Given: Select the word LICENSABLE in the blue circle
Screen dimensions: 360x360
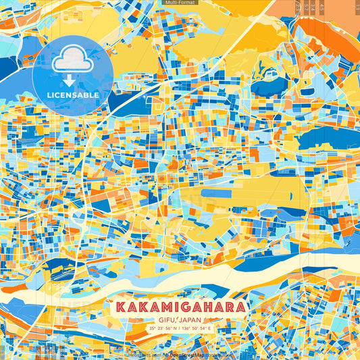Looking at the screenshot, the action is click(73, 95).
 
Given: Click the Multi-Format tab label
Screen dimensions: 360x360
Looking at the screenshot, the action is click(179, 3).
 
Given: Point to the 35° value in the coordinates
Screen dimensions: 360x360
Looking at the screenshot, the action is click(153, 328).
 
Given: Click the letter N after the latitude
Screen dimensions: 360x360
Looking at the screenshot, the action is click(175, 328).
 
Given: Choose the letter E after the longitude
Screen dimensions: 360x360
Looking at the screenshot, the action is click(209, 328).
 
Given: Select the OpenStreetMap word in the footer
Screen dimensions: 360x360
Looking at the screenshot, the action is click(186, 354).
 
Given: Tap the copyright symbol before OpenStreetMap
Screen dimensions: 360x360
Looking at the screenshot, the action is click(165, 354).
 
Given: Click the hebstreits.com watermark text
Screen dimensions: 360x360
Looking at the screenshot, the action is click(143, 354).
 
